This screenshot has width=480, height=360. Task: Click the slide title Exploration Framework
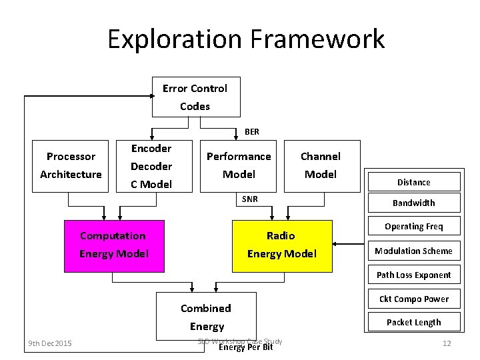coord(246,39)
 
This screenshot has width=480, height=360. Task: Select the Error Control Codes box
coord(195,97)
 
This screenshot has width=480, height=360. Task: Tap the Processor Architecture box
coord(71,165)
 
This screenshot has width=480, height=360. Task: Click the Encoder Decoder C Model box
coord(151,166)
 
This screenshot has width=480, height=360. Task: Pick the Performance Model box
coord(239,165)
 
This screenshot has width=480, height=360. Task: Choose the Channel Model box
coord(321,165)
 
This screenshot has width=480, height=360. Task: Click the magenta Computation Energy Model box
coord(113,245)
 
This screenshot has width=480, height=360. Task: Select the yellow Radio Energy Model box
coord(281,245)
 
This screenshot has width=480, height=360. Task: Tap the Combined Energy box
coord(207,317)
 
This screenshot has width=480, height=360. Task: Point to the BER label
coord(252,132)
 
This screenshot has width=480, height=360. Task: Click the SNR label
coord(250,199)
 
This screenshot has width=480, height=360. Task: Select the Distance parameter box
coord(414,182)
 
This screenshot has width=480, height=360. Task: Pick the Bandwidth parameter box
coord(414,203)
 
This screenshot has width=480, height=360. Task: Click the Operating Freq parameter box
coord(414,227)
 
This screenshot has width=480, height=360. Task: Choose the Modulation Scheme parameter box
coord(414,251)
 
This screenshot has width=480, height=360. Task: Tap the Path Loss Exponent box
coord(414,275)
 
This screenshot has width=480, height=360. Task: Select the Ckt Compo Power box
coord(414,299)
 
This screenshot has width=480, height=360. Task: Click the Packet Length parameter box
coord(414,322)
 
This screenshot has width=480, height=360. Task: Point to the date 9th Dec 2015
coord(50,343)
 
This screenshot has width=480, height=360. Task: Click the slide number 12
coord(447,343)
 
